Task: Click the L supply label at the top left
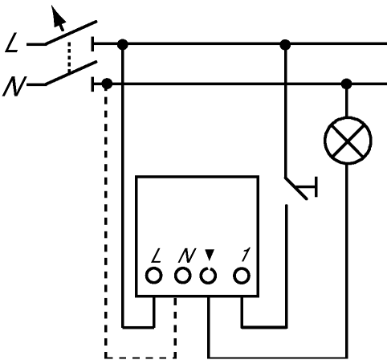tap(12, 43)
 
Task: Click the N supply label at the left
tap(14, 86)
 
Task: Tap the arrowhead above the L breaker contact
tap(58, 17)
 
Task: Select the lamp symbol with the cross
tap(348, 141)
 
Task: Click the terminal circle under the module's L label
tap(154, 276)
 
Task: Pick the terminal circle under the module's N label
tap(182, 276)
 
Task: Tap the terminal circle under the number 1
tap(242, 276)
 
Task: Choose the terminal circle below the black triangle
tap(208, 276)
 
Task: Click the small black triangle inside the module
tap(210, 255)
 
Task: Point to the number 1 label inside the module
tap(246, 255)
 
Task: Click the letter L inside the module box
tap(156, 256)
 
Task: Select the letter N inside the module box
tap(187, 256)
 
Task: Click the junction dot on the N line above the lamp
tap(347, 84)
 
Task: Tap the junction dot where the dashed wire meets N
tap(107, 84)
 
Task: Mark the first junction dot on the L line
tap(123, 44)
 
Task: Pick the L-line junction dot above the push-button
tap(285, 44)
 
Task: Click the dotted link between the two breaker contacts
tap(69, 57)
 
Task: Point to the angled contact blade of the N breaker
tap(71, 73)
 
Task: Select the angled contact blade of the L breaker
tap(71, 33)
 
